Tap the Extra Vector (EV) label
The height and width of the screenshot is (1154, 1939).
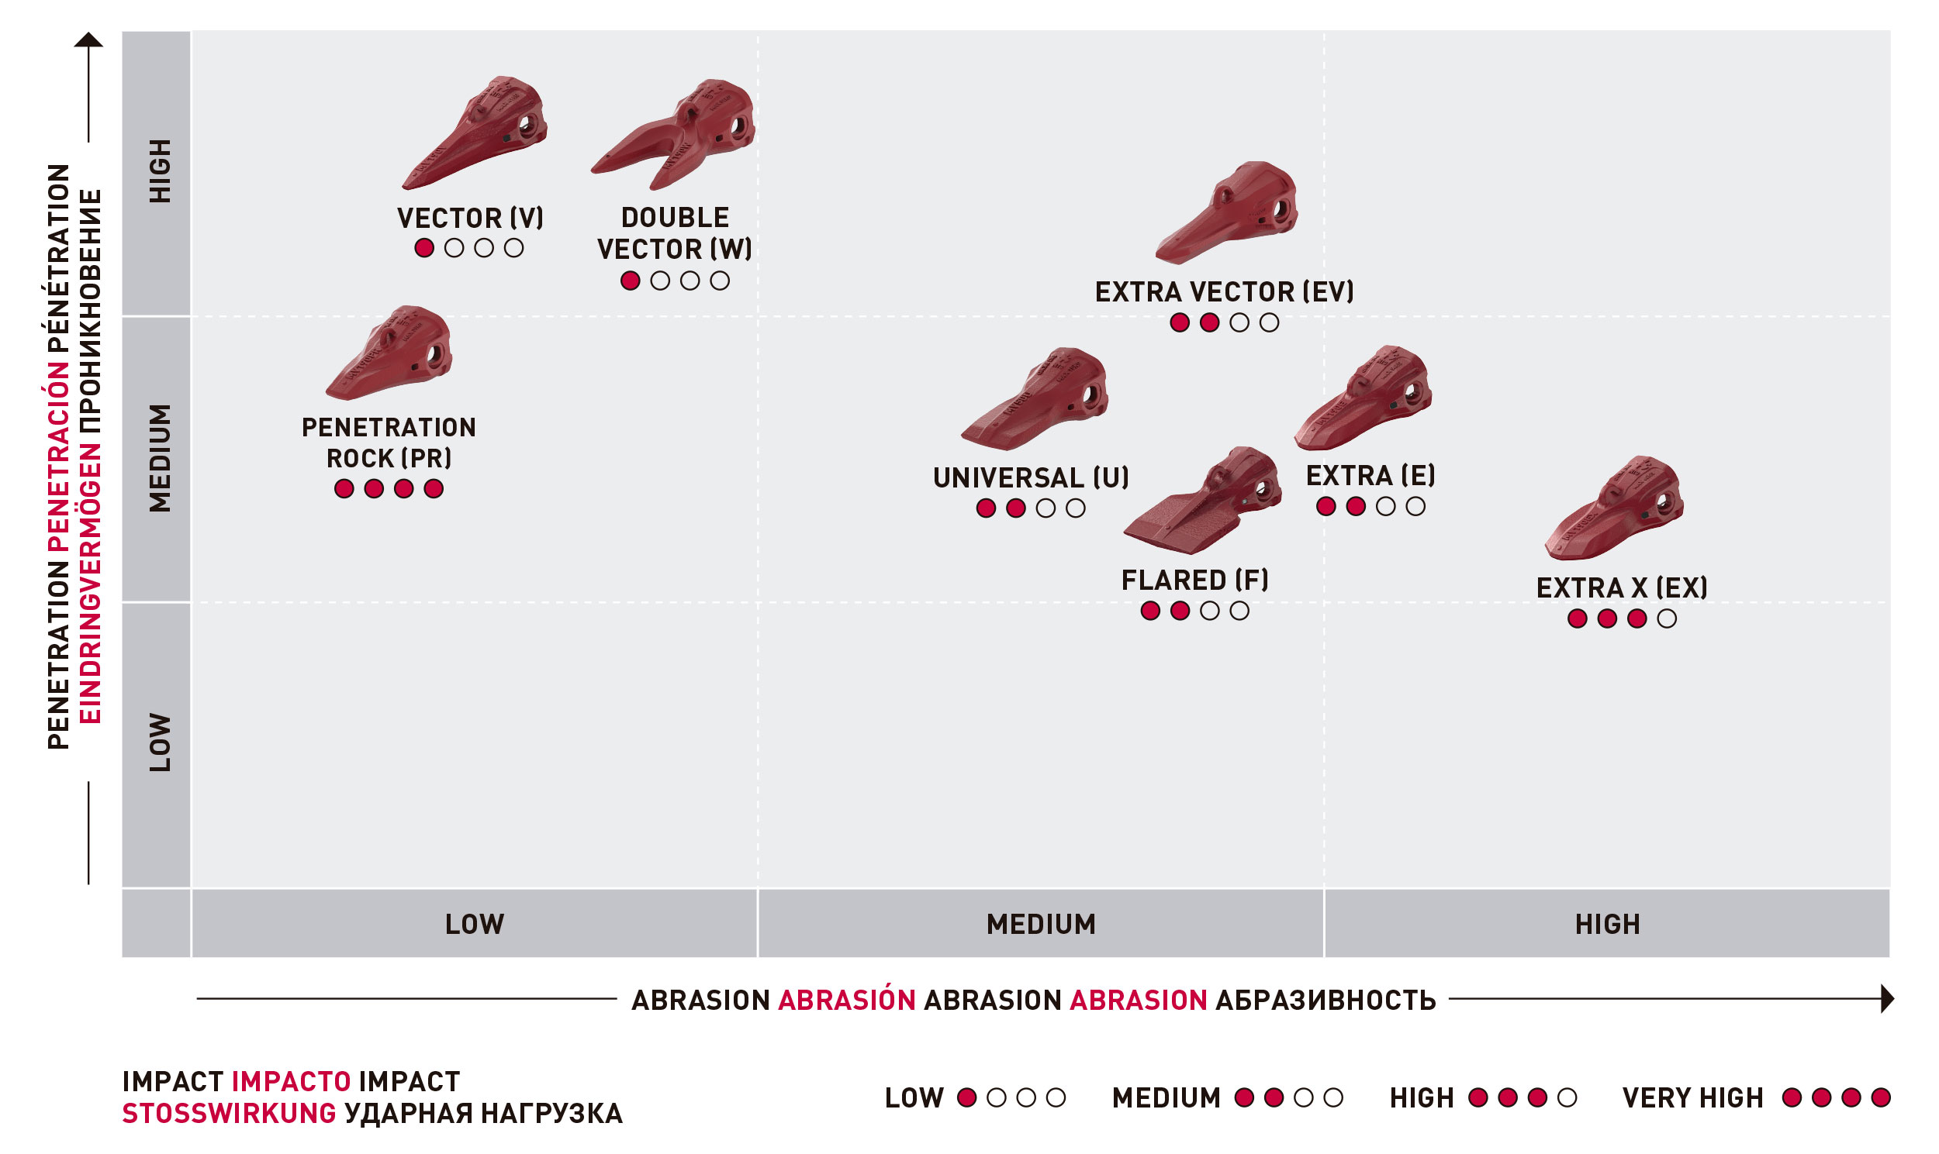click(x=1224, y=292)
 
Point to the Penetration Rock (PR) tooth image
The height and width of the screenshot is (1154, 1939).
click(x=389, y=353)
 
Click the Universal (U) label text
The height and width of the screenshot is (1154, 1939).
click(x=1031, y=477)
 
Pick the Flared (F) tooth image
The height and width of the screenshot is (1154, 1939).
click(x=1202, y=501)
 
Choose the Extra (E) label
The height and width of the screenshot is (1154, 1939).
click(x=1370, y=476)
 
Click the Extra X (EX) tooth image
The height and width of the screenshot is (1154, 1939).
click(x=1615, y=508)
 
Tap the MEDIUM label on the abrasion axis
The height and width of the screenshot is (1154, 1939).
click(x=1041, y=925)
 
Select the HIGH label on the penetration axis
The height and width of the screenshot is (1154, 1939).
click(x=160, y=171)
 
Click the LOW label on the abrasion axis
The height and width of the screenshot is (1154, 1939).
click(x=475, y=925)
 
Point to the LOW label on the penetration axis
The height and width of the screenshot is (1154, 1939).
click(x=160, y=742)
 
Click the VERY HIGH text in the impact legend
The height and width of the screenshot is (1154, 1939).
click(x=1692, y=1098)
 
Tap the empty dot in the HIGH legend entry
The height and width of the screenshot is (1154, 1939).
click(x=1567, y=1098)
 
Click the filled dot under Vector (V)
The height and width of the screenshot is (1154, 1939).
click(x=424, y=248)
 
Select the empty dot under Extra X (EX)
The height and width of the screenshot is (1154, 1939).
click(x=1667, y=619)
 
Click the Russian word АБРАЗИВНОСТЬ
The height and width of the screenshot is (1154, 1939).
click(x=1325, y=1001)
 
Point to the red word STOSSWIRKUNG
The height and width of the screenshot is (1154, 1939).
click(x=229, y=1114)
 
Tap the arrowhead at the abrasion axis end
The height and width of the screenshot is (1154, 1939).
click(x=1887, y=999)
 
